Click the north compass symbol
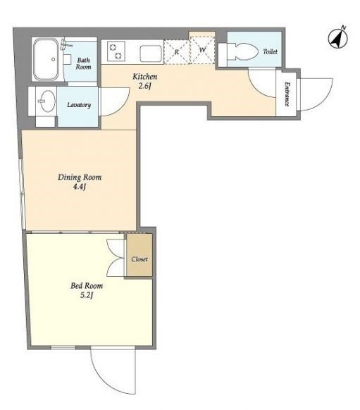click(x=338, y=39)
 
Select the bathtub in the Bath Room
click(x=46, y=59)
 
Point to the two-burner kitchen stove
click(x=116, y=51)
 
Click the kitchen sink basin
click(x=151, y=54)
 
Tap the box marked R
click(x=176, y=51)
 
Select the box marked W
click(x=202, y=50)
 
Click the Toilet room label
click(x=270, y=51)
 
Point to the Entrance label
click(x=287, y=94)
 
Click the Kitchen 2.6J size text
click(x=145, y=81)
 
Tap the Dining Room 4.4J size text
click(x=80, y=182)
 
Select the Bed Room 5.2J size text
click(x=87, y=290)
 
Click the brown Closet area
click(x=139, y=255)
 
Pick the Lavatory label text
click(x=79, y=105)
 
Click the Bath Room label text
click(x=83, y=63)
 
